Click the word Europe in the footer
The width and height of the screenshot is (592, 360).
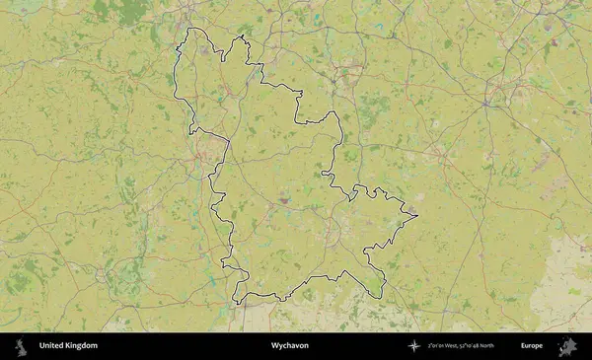pos(532,346)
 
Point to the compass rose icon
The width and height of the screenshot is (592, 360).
pos(413,346)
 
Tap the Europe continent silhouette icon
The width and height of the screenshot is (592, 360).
pos(567,346)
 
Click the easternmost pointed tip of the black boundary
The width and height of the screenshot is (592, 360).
pos(418,215)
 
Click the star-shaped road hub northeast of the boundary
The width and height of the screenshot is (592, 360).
pos(487,106)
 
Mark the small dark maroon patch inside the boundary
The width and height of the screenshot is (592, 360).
pos(284,200)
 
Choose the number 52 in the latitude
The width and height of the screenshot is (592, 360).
pos(466,346)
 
